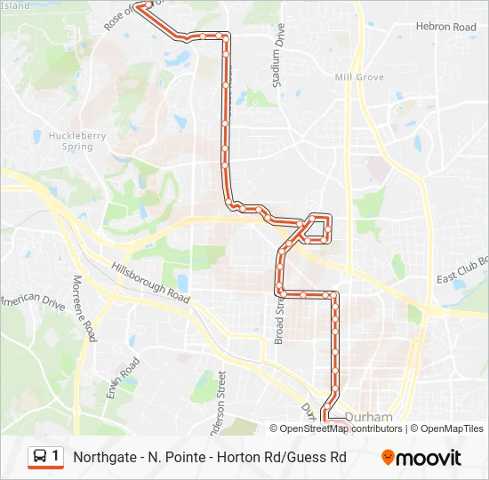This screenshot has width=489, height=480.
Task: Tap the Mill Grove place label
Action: coord(359,77)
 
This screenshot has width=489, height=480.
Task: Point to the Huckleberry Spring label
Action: coord(71,141)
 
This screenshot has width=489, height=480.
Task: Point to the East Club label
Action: coord(462,269)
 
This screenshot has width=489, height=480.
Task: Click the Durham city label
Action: coord(368,416)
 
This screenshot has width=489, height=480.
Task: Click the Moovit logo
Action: coord(421,458)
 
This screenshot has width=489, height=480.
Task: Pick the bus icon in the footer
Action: coord(39,457)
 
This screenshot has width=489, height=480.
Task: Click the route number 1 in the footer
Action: coord(56,457)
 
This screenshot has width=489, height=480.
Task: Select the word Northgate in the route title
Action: coord(104,458)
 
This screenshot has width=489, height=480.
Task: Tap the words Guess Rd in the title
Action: coord(321,458)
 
